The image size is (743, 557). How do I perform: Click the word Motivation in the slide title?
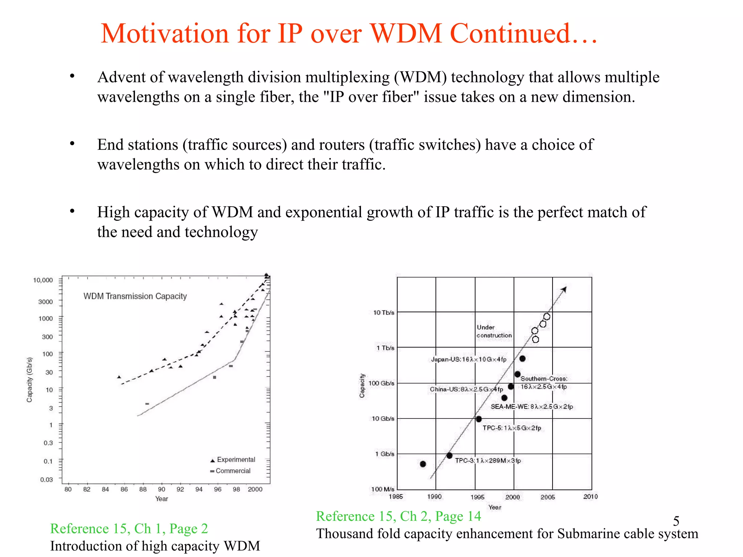tap(165, 34)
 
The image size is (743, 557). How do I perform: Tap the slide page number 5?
tap(676, 521)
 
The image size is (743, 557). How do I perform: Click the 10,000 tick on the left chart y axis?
tap(43, 280)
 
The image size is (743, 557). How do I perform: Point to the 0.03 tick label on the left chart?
tap(46, 479)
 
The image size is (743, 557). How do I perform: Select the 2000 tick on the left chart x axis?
tap(255, 489)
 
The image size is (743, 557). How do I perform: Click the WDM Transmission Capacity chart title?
tap(135, 296)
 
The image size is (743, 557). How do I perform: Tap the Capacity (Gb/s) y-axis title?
tap(29, 379)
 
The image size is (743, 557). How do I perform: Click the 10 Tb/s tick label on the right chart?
tap(384, 312)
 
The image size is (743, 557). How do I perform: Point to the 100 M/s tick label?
tap(382, 489)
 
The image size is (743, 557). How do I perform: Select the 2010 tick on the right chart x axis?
tap(590, 496)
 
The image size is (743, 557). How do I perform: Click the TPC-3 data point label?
tap(488, 461)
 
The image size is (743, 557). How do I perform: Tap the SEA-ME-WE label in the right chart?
tap(532, 407)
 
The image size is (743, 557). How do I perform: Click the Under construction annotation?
tap(494, 331)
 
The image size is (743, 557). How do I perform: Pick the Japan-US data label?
tap(468, 359)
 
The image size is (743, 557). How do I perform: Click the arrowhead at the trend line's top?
tap(564, 289)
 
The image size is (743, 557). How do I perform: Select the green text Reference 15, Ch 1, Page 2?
tap(129, 529)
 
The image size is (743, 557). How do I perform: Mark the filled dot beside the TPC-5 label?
tap(479, 419)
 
